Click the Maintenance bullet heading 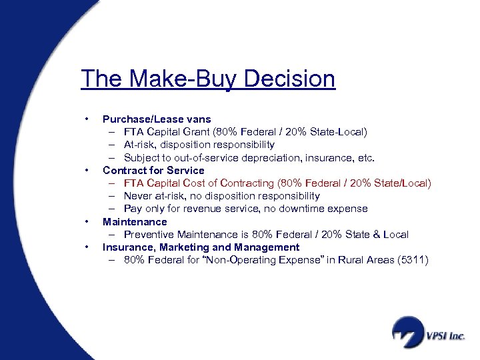[135, 221]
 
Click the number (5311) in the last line [412, 260]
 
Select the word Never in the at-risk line [137, 196]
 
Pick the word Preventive [147, 235]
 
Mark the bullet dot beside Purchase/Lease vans [87, 119]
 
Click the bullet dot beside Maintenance [87, 222]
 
